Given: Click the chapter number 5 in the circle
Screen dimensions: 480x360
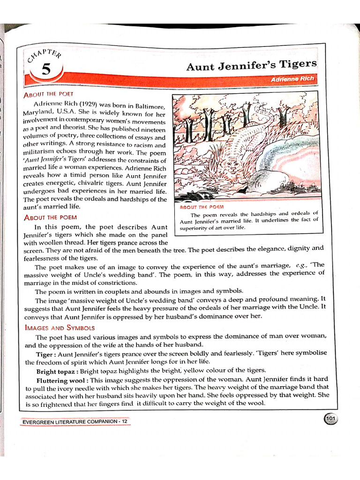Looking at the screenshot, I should click(x=45, y=70).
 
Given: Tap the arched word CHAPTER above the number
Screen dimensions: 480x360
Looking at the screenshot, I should click(x=44, y=54).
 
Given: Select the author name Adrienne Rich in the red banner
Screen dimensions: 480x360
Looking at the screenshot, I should click(x=292, y=79).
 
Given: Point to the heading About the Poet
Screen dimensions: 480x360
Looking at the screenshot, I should click(x=46, y=94).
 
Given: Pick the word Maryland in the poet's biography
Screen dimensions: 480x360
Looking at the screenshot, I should click(x=38, y=113).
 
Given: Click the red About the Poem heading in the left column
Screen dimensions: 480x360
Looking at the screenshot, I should click(x=50, y=217).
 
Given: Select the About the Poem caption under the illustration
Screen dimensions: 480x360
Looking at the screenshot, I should click(x=202, y=207).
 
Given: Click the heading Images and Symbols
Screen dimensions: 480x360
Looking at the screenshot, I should click(x=59, y=328).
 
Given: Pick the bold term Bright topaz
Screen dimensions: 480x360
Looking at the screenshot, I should click(x=57, y=371).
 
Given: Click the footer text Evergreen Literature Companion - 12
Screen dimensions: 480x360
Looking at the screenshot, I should click(x=75, y=422).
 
